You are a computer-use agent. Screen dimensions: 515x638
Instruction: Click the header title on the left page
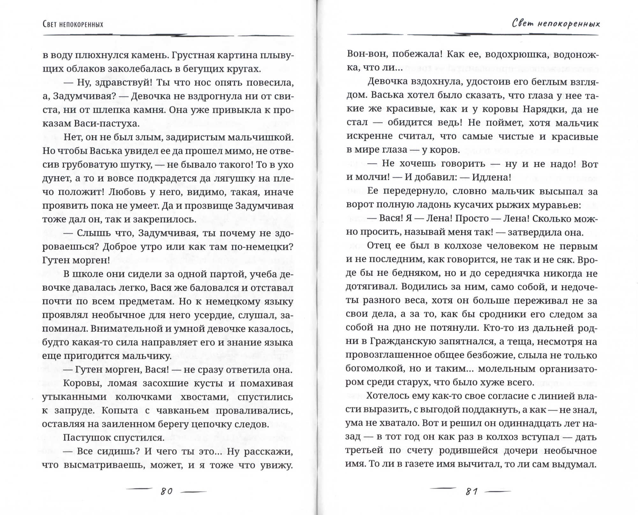point(73,24)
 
